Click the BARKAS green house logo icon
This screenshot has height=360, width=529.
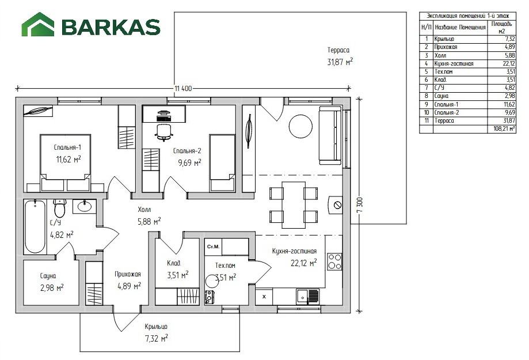[x=38, y=24]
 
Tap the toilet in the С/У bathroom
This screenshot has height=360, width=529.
[x=60, y=208]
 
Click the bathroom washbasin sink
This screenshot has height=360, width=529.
[x=85, y=206]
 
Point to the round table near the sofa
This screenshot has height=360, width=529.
[x=300, y=126]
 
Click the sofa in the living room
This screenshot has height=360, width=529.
[x=330, y=135]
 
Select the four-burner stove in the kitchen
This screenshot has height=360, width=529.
[x=334, y=262]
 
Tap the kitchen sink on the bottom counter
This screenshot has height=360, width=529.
[x=307, y=297]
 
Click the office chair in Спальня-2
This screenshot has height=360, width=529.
[x=164, y=132]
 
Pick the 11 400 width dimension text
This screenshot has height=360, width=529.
[x=183, y=89]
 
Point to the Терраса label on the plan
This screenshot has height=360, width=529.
[x=338, y=50]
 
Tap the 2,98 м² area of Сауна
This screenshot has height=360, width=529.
[x=52, y=288]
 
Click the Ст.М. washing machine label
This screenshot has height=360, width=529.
[x=213, y=247]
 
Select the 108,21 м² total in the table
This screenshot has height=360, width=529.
[x=504, y=128]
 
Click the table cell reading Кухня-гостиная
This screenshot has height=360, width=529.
[x=454, y=63]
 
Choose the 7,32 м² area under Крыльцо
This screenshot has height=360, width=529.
[x=157, y=338]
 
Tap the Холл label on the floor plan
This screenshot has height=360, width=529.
[x=144, y=210]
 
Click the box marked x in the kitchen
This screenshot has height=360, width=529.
[x=264, y=297]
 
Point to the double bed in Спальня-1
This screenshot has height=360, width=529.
[x=66, y=163]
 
